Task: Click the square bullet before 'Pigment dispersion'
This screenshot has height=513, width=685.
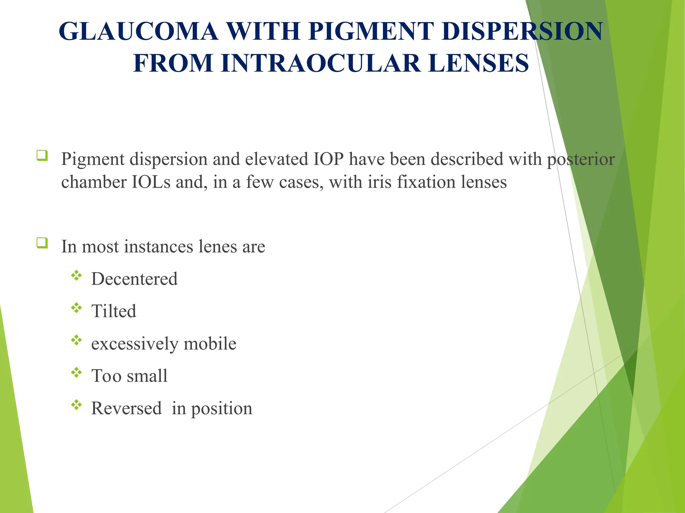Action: (42, 156)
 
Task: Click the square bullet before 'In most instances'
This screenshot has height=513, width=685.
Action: (42, 243)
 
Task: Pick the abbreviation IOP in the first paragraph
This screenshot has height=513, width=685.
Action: (328, 159)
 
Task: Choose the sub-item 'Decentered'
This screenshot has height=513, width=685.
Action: (134, 279)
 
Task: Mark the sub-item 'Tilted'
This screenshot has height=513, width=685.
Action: (114, 311)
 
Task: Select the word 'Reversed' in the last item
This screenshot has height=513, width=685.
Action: (126, 408)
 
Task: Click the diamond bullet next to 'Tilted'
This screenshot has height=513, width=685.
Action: (77, 308)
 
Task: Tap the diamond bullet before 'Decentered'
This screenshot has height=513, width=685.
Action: (77, 276)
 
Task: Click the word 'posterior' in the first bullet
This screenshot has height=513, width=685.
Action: (581, 160)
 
